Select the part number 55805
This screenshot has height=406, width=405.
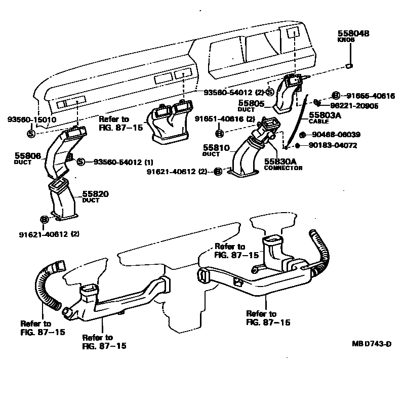(x=251, y=103)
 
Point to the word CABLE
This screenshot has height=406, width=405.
(x=319, y=122)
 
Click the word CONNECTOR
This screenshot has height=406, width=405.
(x=283, y=168)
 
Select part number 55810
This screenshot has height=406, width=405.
(x=216, y=148)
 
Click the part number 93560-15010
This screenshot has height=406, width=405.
(x=31, y=120)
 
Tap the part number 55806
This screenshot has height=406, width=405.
(x=27, y=156)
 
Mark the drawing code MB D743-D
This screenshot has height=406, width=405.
(x=372, y=344)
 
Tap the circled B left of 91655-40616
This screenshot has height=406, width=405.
(x=335, y=96)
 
